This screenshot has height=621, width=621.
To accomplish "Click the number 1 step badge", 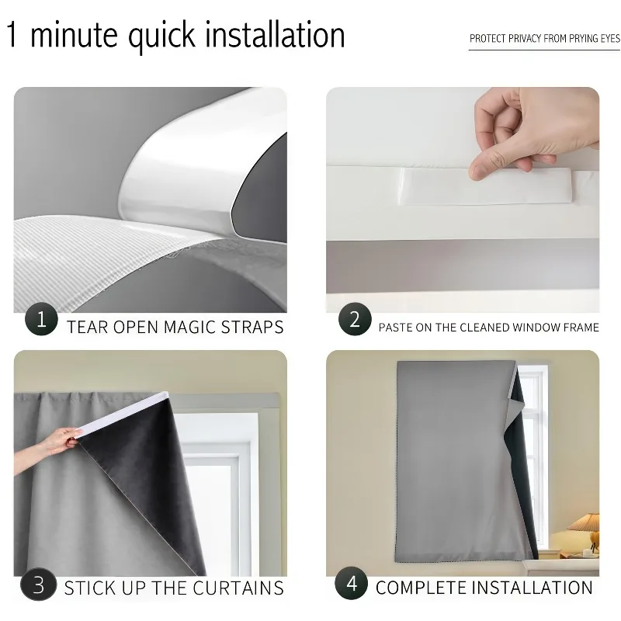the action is (x=41, y=319).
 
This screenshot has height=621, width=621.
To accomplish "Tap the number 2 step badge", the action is (x=355, y=319).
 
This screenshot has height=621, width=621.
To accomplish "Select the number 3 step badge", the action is (x=38, y=585).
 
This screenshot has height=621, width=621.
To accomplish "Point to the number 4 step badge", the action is (x=352, y=584).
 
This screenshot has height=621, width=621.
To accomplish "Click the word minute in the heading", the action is (x=74, y=35).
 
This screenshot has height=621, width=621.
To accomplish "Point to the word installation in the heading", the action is (x=275, y=35).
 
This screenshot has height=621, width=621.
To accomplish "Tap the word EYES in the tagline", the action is (x=610, y=38).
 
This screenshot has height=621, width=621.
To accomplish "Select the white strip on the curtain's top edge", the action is (x=123, y=415).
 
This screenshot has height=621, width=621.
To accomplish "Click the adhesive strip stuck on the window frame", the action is (x=485, y=186).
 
